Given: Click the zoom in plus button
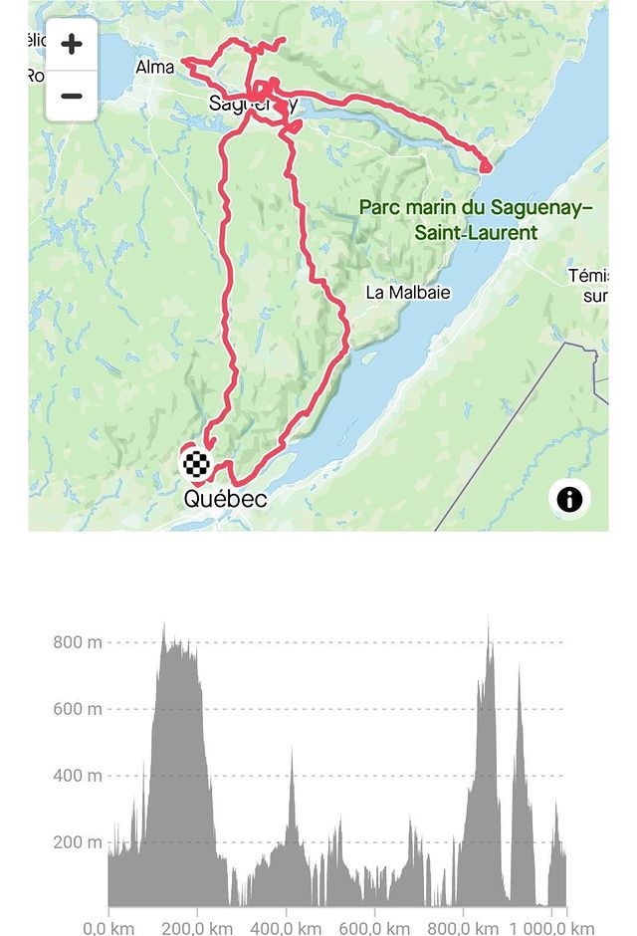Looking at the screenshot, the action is pos(72,45).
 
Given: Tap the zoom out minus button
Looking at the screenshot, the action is pos(72,97).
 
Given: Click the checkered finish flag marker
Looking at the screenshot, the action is pos(196,463).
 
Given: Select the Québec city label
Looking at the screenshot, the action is pos(225,499).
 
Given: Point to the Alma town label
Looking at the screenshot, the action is pos(154,68).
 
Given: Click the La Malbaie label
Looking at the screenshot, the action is pos(408,293).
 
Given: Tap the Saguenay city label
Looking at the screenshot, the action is pos(253,104).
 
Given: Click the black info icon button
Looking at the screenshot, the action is pos(569,499).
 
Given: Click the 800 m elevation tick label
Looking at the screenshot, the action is pos(78,642).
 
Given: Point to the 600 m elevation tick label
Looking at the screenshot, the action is pos(78,709).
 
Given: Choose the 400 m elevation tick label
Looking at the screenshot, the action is pos(78,776).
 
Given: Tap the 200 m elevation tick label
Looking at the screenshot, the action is pos(78,842).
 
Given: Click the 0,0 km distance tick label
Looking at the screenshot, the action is pos(108,926).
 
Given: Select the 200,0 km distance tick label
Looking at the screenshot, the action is pos(196,926).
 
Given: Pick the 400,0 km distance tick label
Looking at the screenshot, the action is pos(285,926).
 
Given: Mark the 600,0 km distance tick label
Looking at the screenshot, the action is pos(373,926).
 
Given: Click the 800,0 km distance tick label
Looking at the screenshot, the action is pos(461,926).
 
